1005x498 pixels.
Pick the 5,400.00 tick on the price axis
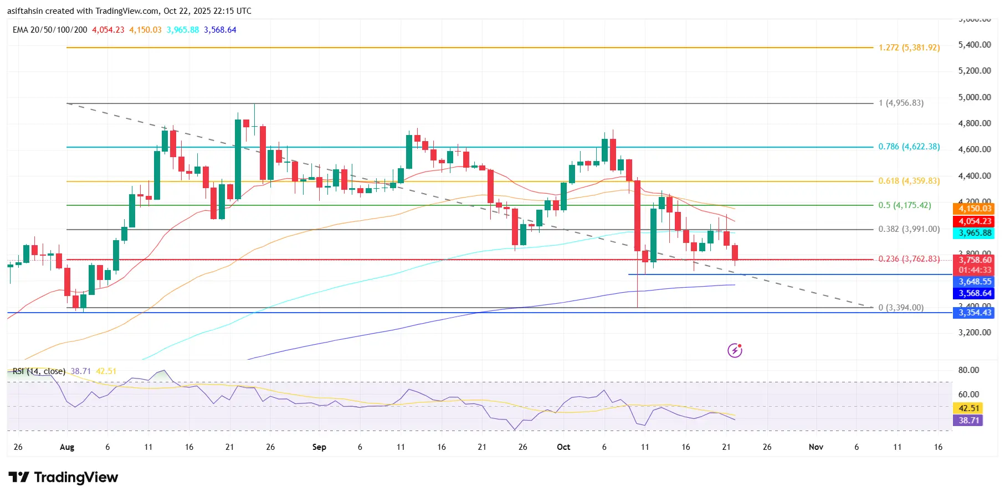974,45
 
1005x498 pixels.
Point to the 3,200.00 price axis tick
974,333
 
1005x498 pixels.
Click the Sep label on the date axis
319,447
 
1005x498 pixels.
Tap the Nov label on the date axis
816,447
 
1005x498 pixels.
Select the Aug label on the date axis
67,447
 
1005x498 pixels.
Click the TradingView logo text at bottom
76,478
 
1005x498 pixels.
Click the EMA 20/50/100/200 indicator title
50,30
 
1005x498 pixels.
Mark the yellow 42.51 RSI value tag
969,408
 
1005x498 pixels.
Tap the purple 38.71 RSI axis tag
969,421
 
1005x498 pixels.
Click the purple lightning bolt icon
735,350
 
